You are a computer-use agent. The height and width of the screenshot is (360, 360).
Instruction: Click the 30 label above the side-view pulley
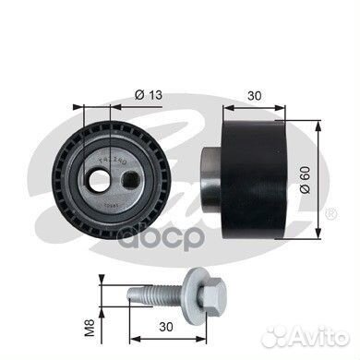click(255, 94)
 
